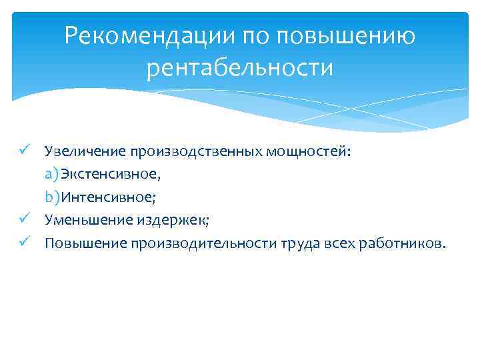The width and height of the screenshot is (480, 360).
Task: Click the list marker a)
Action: (x=52, y=175)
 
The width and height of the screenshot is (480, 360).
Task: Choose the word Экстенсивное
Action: (x=109, y=175)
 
